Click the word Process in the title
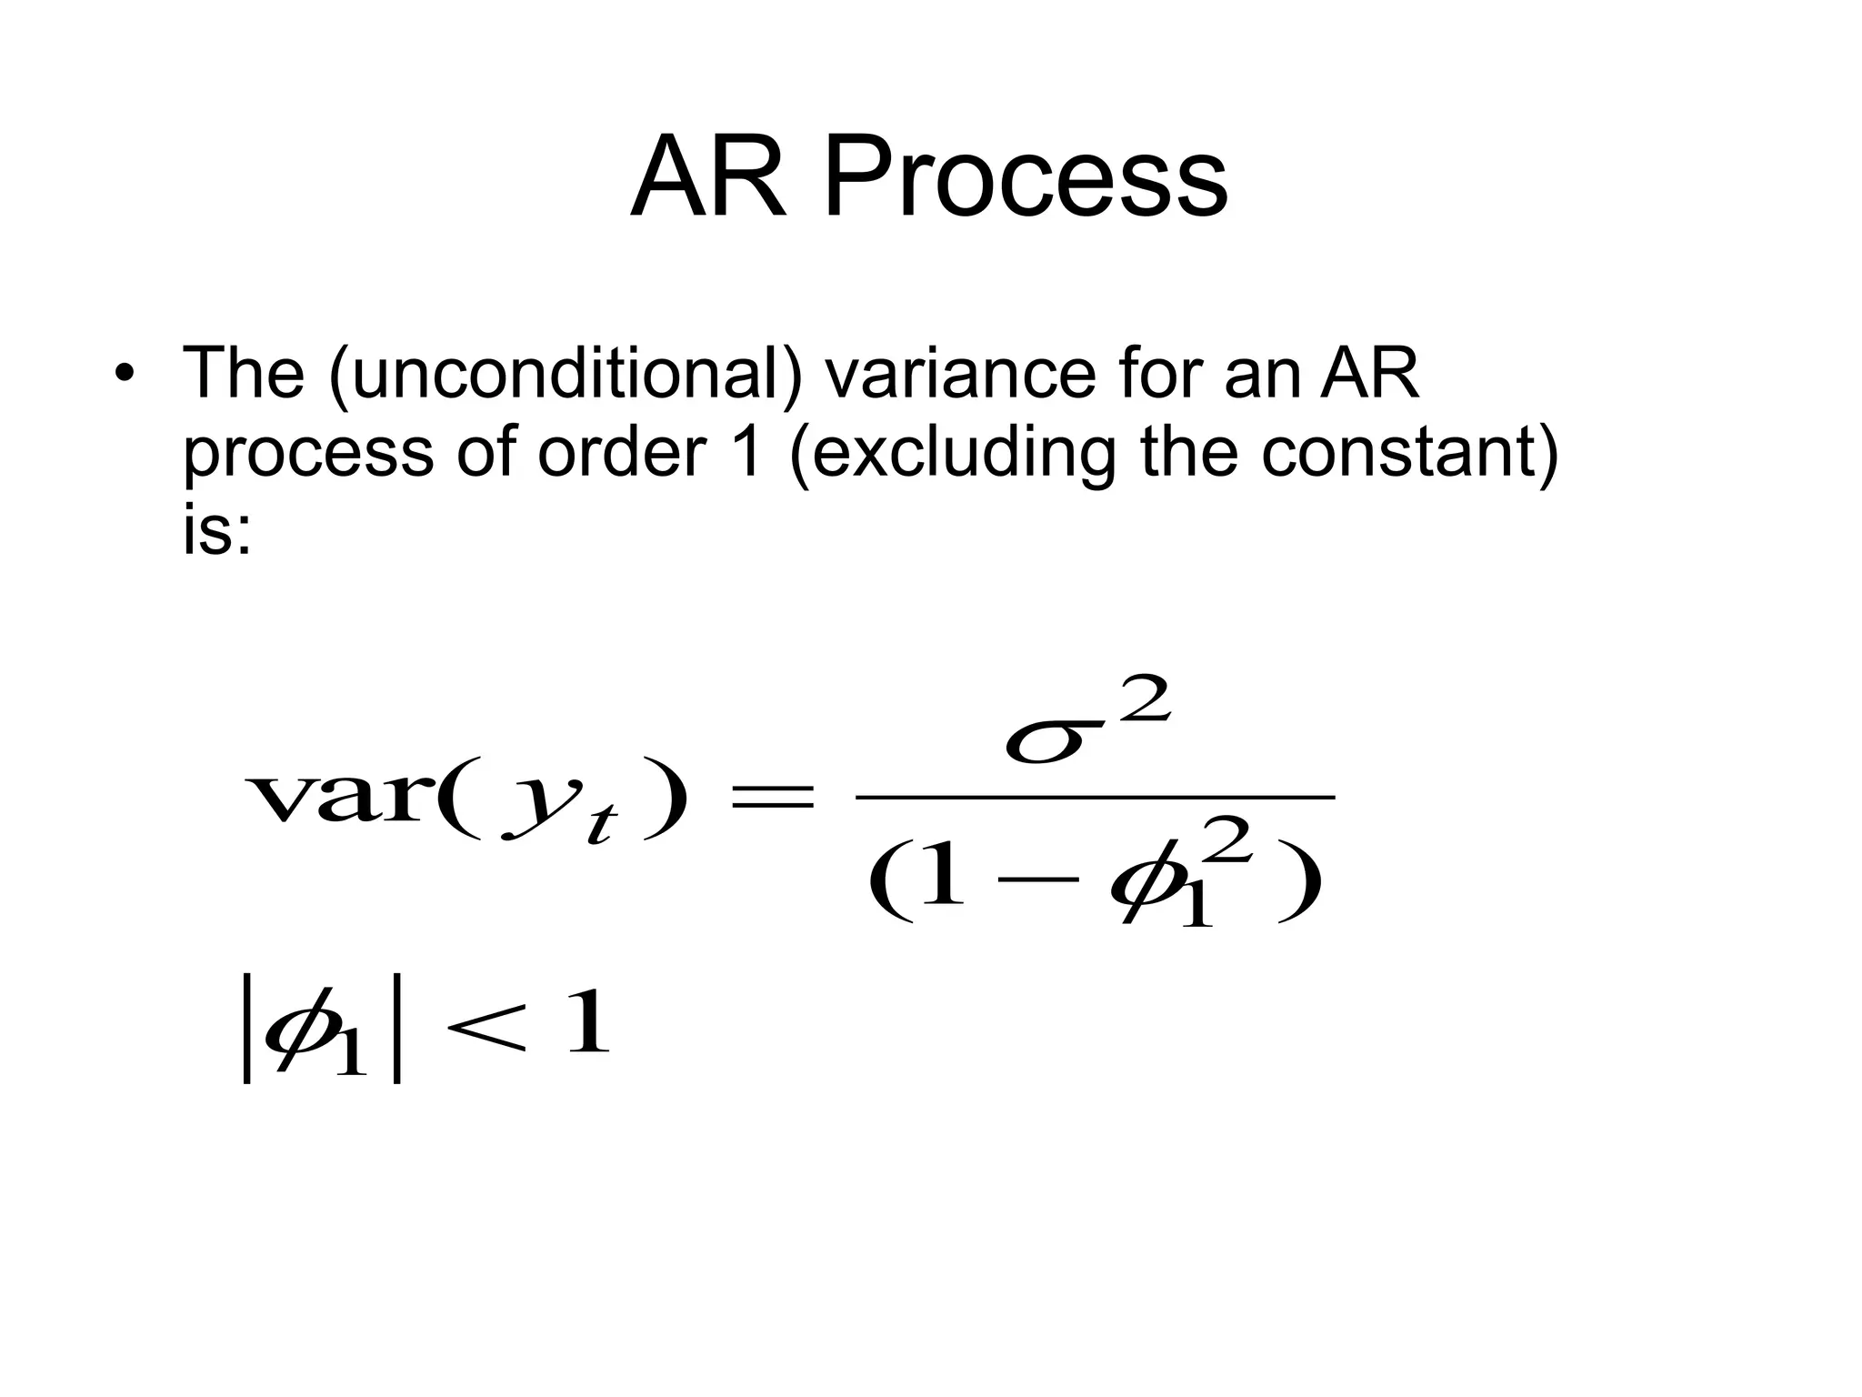(x=1025, y=178)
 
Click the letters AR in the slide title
(x=709, y=178)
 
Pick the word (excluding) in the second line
(x=953, y=453)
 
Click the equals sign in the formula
(x=772, y=799)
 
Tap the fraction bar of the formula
(x=1095, y=798)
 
